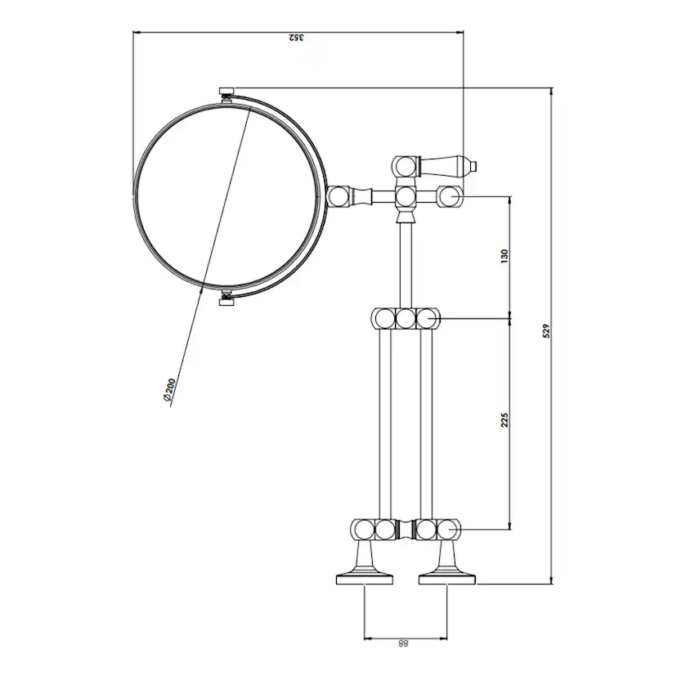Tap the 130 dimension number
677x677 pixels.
[x=504, y=255]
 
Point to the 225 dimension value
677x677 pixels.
[x=504, y=419]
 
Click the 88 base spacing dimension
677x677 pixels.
[x=403, y=644]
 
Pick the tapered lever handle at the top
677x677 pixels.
[x=445, y=165]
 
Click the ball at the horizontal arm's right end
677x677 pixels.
[x=448, y=196]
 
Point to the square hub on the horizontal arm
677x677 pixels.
[x=404, y=196]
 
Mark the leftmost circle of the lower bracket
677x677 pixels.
[x=362, y=530]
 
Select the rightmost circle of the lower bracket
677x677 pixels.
[x=446, y=530]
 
